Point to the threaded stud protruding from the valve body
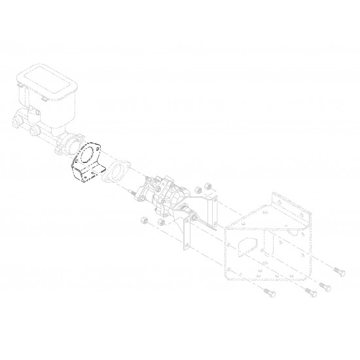pyautogui.click(x=132, y=193)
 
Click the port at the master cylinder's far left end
pyautogui.click(x=14, y=122)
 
